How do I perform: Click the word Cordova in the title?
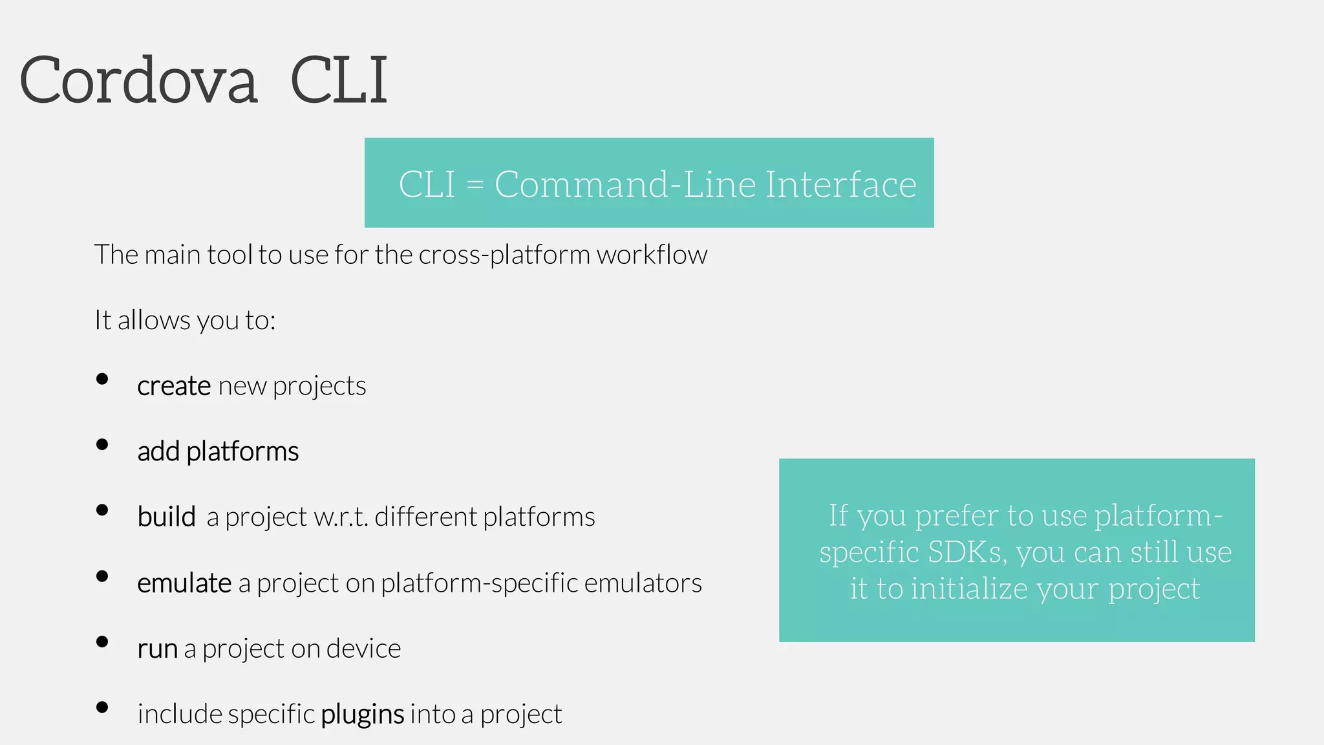[138, 80]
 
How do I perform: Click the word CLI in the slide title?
[339, 80]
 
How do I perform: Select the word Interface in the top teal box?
[841, 184]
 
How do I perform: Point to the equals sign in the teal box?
[475, 185]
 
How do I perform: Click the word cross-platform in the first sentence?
[504, 255]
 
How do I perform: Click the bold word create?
[174, 386]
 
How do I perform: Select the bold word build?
[166, 517]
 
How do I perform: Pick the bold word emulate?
[184, 583]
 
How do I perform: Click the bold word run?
[157, 649]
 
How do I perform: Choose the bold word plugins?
[362, 715]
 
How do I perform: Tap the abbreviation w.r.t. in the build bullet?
[341, 517]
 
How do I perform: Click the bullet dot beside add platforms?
[102, 444]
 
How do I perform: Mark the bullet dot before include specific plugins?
[102, 707]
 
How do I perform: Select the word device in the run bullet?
[363, 649]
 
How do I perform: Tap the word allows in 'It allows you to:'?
[154, 320]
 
